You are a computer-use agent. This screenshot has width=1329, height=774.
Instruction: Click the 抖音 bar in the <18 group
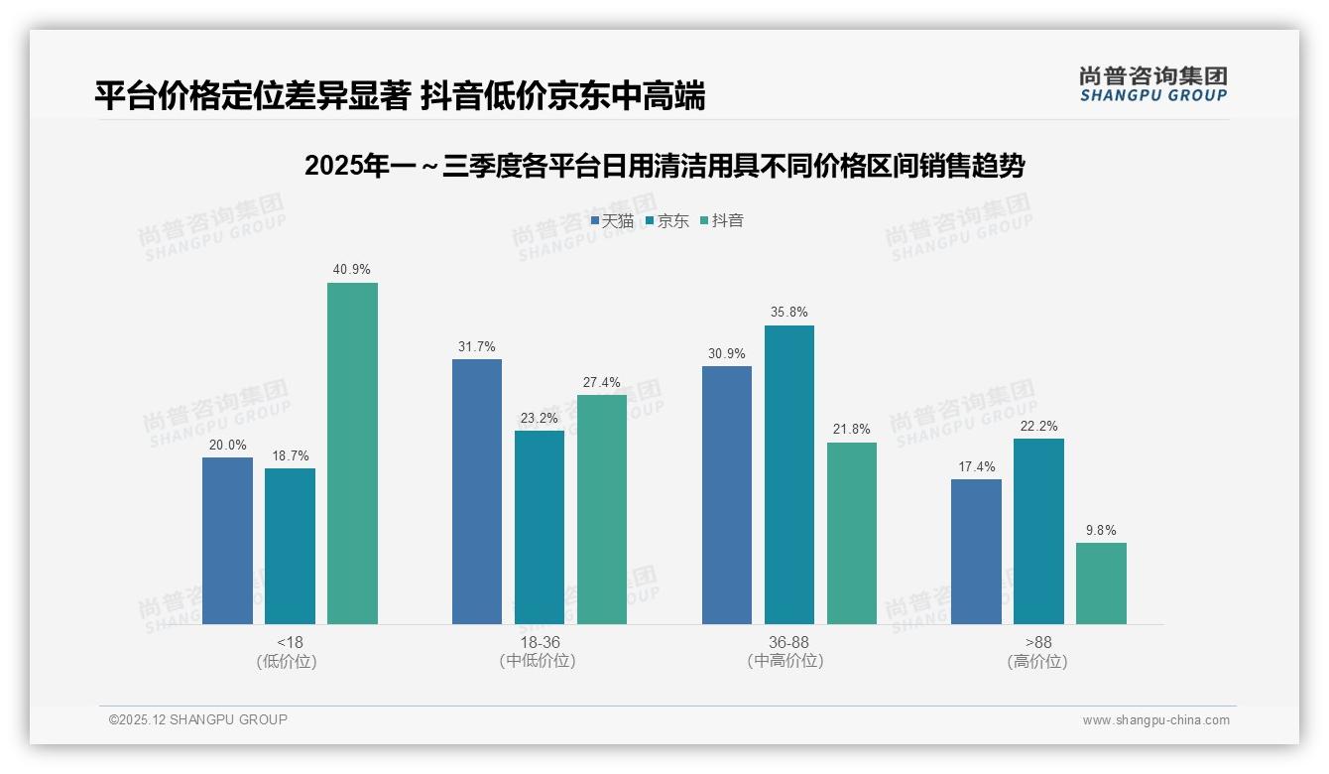tap(352, 453)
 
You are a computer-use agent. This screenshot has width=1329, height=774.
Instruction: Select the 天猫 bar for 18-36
tap(477, 491)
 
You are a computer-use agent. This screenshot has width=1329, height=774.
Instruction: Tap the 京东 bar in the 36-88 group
tap(788, 474)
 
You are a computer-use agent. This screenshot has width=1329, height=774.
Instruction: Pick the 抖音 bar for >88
tap(1101, 583)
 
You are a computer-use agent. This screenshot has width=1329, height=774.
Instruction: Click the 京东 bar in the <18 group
tap(290, 546)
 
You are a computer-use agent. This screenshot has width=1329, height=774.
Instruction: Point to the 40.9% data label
tap(352, 269)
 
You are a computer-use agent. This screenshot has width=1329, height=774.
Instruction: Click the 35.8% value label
tap(788, 312)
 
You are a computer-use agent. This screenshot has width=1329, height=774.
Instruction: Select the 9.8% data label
tap(1101, 530)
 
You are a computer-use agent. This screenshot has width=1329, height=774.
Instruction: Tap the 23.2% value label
tap(539, 418)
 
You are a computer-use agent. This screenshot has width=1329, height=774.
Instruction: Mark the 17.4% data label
tap(976, 466)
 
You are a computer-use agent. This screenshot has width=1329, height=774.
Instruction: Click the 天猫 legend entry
tap(612, 221)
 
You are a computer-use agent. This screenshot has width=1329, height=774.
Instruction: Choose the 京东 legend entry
tap(667, 221)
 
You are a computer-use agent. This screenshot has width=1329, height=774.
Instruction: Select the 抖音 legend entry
tap(722, 221)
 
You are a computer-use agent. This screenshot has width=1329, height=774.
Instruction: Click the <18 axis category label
tap(291, 642)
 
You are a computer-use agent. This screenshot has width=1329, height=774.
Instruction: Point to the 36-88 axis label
tap(788, 642)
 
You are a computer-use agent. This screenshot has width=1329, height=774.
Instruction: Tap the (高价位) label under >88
tap(1037, 662)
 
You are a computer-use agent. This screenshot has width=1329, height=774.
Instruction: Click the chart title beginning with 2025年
tap(664, 166)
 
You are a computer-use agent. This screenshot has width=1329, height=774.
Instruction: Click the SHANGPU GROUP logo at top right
tap(1152, 83)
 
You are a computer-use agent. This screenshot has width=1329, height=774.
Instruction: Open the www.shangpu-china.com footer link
tap(1155, 720)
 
